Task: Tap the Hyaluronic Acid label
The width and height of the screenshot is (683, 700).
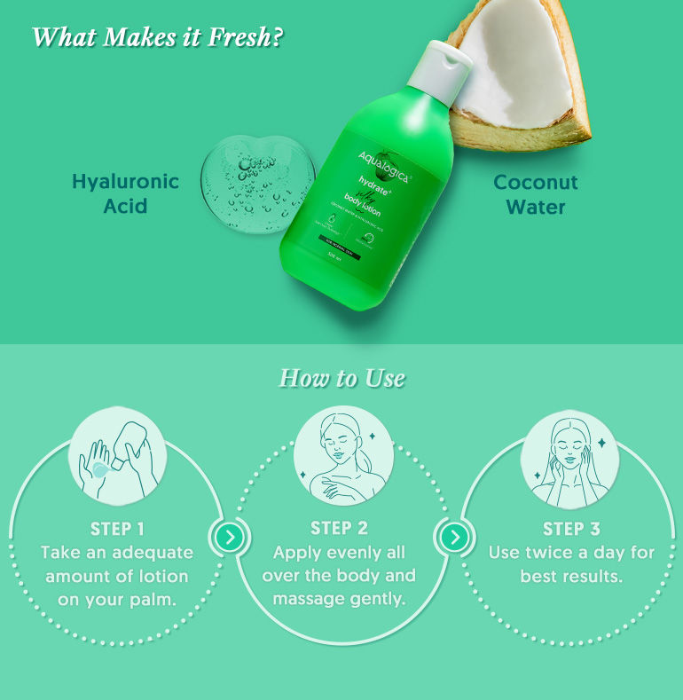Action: tap(125, 193)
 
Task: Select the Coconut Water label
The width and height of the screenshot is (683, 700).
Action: tap(536, 194)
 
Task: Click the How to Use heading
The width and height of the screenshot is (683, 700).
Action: tap(341, 379)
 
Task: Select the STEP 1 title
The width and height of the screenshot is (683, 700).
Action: tap(117, 529)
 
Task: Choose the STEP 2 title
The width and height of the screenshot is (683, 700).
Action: tap(339, 529)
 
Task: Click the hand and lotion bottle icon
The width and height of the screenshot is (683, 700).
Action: tap(117, 458)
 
